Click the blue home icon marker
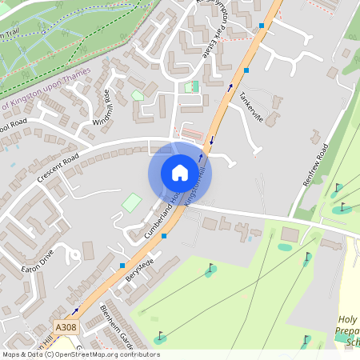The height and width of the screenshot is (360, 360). coord(179,173)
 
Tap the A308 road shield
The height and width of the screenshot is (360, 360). coord(66,327)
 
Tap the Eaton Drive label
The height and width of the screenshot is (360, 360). coord(37,260)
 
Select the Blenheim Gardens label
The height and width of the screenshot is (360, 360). coord(114,320)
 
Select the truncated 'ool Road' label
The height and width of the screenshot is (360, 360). coord(14,126)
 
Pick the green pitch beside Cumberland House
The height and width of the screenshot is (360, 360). coord(130,202)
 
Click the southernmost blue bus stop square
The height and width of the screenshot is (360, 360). coord(122,265)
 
